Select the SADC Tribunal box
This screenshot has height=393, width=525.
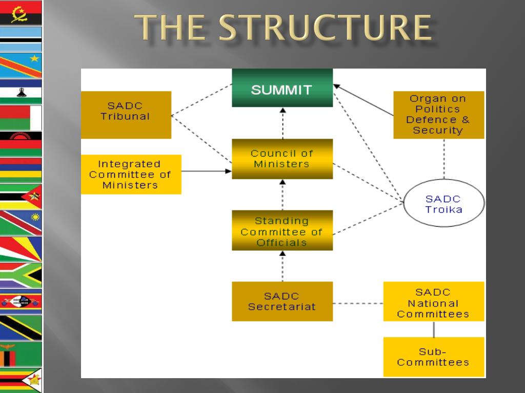tap(126, 115)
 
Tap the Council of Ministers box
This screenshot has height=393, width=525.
tap(282, 159)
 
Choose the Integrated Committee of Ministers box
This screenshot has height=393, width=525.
tap(131, 174)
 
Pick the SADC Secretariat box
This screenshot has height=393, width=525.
tap(282, 301)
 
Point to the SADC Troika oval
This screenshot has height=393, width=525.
tap(443, 204)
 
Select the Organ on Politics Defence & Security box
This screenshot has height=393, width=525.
tap(438, 115)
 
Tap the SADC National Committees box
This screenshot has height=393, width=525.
tap(433, 301)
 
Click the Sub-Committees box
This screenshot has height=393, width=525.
tap(433, 357)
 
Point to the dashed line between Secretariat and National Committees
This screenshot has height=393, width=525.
tap(358, 303)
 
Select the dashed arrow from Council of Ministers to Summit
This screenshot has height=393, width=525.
tap(282, 123)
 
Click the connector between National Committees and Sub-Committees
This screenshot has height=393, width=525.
tap(434, 329)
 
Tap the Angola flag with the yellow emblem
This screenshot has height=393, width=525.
tap(21, 13)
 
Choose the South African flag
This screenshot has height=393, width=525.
tap(21, 275)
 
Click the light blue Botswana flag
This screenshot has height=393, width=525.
tap(21, 39)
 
